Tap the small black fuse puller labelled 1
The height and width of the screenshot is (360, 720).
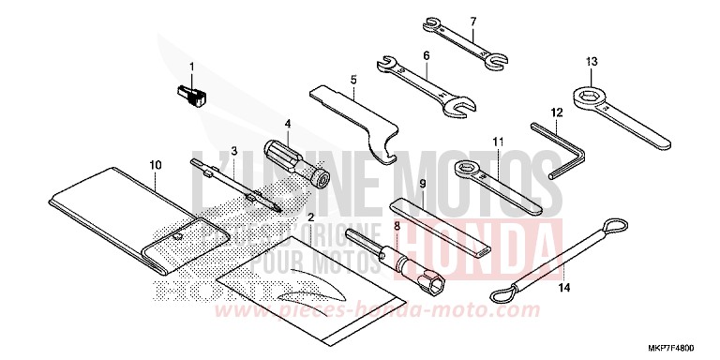(191, 94)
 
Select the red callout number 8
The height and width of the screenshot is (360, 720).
(397, 226)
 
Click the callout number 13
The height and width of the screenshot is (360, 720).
(592, 62)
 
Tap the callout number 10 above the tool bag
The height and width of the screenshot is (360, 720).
(156, 165)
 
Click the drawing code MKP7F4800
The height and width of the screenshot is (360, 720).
(682, 348)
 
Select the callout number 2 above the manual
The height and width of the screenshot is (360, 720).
(284, 217)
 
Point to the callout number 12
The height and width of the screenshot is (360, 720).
(556, 112)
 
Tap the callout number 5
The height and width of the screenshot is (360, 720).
(353, 81)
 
